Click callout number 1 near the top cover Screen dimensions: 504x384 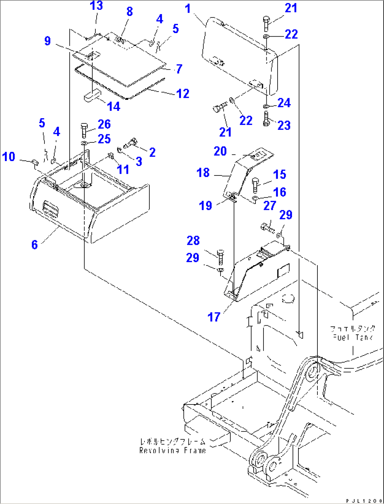[x=188, y=8]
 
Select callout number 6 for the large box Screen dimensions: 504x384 [x=35, y=244]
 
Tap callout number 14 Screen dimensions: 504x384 [x=113, y=106]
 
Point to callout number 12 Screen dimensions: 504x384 [x=183, y=94]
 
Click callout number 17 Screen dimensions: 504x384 [x=214, y=317]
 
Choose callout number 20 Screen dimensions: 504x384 [x=220, y=151]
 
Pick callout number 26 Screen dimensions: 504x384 [x=104, y=124]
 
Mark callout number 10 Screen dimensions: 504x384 [x=9, y=157]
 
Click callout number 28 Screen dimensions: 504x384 [x=193, y=241]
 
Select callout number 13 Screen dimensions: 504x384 [x=96, y=6]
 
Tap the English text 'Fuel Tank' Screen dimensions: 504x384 [x=353, y=337]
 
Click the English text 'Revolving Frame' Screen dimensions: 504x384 [x=172, y=451]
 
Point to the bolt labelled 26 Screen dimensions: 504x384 [x=84, y=130]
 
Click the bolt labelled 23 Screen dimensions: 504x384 [x=266, y=119]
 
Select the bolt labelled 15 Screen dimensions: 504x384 [x=256, y=185]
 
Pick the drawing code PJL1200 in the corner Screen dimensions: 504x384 [x=364, y=500]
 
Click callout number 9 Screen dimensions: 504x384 [x=48, y=41]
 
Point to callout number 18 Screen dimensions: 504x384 [x=203, y=173]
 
